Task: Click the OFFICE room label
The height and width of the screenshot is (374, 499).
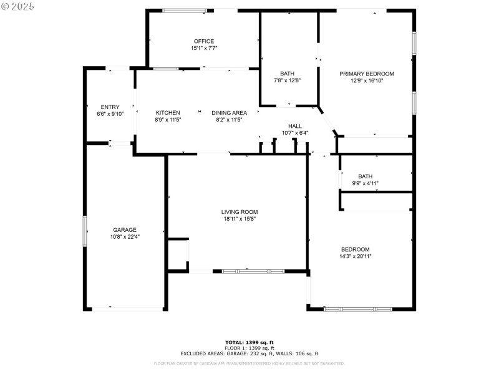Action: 203,42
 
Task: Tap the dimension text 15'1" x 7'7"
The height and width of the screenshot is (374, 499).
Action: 203,49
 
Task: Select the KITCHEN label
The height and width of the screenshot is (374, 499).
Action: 168,113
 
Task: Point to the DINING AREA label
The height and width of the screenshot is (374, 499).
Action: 229,113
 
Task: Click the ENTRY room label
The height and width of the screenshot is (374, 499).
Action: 110,107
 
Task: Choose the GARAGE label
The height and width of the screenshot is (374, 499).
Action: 125,229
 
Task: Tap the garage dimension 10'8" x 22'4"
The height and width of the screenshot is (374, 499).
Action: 125,237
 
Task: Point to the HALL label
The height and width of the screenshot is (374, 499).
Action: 295,126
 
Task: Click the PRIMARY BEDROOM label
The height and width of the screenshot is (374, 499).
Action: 367,74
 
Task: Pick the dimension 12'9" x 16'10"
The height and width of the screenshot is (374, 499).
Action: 367,80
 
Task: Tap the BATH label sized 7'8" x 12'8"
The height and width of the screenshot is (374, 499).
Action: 287,74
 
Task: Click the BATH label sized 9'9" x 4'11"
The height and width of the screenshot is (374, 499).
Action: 366,176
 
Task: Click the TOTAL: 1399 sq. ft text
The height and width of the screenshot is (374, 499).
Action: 249,342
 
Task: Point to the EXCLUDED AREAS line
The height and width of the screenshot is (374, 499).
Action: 249,353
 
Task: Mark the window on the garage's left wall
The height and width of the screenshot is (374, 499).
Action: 85,231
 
